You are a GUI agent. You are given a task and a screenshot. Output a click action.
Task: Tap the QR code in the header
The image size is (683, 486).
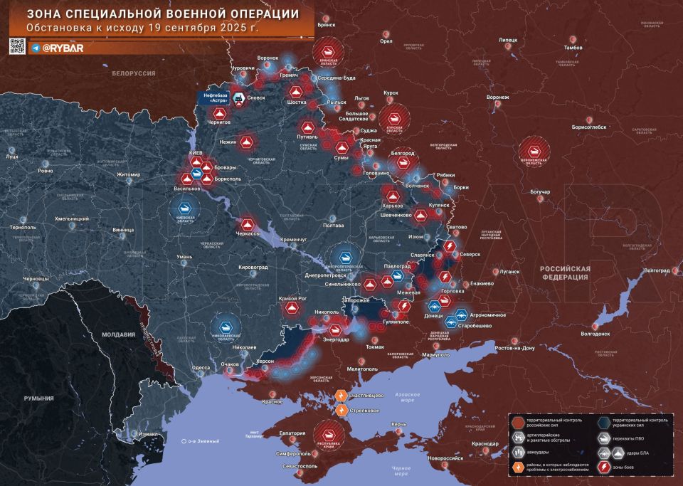pyautogui.click(x=18, y=47)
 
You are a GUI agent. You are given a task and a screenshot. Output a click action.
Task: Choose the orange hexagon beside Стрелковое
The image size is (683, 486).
pyautogui.click(x=341, y=410)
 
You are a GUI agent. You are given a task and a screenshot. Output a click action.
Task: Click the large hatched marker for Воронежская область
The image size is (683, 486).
pyautogui.click(x=534, y=150)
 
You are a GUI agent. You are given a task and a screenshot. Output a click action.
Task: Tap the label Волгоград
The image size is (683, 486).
pyautogui.click(x=655, y=270)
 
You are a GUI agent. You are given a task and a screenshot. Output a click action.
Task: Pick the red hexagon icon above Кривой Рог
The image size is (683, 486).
pyautogui.click(x=291, y=308)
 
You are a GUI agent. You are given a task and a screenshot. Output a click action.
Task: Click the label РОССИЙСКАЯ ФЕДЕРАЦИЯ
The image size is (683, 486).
pyautogui.click(x=565, y=273)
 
